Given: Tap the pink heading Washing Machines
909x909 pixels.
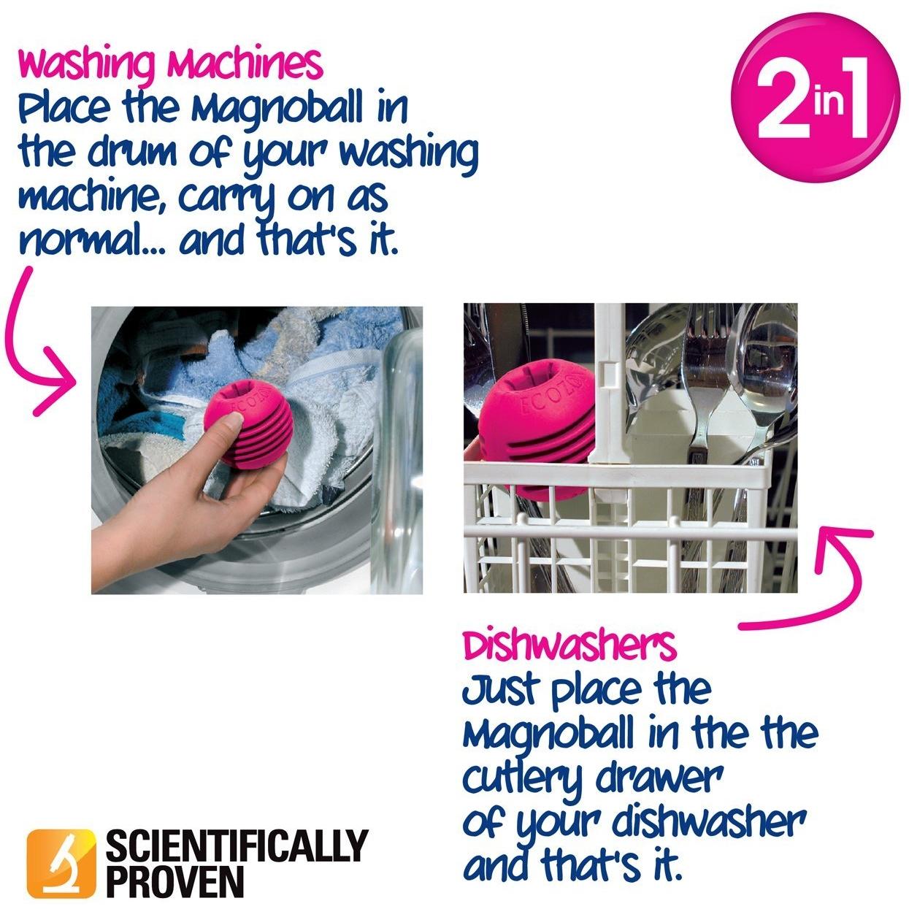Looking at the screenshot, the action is pos(170,65).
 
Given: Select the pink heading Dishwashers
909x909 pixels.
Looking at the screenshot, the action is pos(569,645).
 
